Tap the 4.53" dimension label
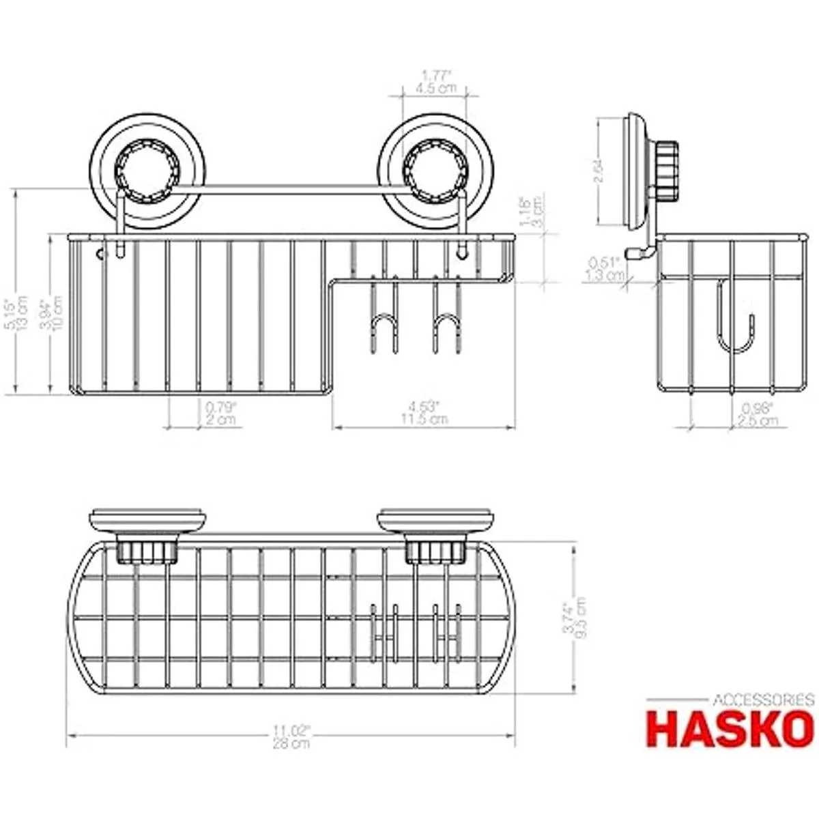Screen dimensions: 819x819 pos(425,407)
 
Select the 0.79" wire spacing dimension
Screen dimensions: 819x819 pos(220,407)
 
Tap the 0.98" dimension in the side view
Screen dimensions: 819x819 pos(758,408)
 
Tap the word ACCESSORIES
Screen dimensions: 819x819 pos(763,700)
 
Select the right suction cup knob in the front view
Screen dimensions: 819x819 pos(430,167)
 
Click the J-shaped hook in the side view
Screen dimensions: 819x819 pos(734,321)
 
